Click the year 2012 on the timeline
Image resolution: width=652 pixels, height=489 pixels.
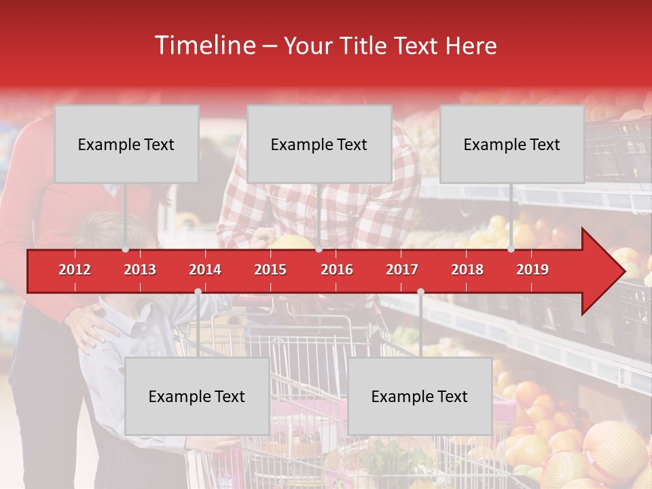coord(75,270)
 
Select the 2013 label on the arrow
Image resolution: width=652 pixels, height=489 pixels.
coord(140,270)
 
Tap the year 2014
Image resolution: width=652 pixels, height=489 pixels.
coord(205,270)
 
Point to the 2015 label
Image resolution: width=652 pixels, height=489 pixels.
coord(270,270)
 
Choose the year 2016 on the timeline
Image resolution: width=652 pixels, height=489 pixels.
coord(337,270)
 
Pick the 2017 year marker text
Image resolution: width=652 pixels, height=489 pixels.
coord(402,270)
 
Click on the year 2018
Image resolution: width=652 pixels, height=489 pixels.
coord(467,270)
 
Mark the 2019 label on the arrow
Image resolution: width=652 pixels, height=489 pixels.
coord(532,270)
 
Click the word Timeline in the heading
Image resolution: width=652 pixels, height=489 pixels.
coord(204,46)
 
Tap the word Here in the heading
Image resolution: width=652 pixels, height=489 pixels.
coord(471,46)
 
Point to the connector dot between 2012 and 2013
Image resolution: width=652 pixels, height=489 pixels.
coord(125,249)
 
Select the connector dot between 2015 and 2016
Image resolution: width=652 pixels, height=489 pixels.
coord(319,249)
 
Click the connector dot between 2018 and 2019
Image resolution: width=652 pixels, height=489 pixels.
coord(511,249)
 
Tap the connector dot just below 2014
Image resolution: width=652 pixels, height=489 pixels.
coord(198,291)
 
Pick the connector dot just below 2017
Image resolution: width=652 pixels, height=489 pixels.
coord(420,291)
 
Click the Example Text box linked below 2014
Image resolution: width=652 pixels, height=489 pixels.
coord(197,397)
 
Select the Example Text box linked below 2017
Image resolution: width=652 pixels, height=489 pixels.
coord(420,397)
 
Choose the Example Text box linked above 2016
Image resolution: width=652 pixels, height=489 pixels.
coord(319,145)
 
